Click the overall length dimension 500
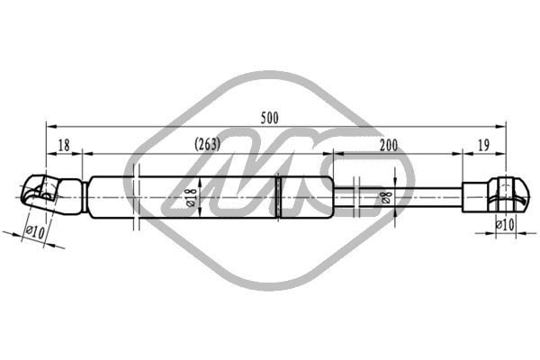(x=269, y=118)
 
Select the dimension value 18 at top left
(x=64, y=146)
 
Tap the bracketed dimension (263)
(x=207, y=144)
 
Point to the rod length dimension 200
(x=389, y=146)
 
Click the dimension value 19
(x=484, y=146)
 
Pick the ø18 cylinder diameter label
(x=192, y=197)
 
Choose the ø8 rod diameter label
(x=386, y=198)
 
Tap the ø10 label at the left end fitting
(x=35, y=232)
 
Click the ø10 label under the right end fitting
(x=505, y=225)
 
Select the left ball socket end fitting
(x=51, y=194)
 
